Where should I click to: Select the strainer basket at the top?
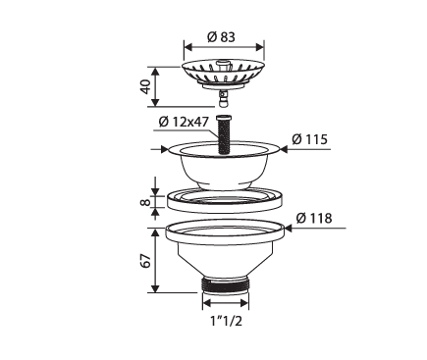click(x=225, y=72)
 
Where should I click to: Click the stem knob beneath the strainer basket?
click(x=225, y=97)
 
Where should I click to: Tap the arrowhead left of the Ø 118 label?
click(x=289, y=228)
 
